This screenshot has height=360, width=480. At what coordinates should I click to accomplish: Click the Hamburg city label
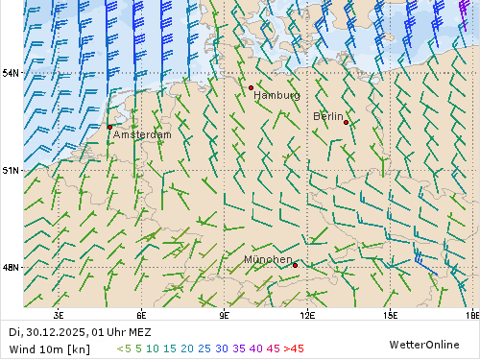tap(276, 96)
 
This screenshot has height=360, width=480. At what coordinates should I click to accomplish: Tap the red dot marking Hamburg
tap(251, 87)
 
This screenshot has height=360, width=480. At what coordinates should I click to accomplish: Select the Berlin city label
tap(328, 116)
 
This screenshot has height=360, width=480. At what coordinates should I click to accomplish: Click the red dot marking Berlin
tap(346, 123)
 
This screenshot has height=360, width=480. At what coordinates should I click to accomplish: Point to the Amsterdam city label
tap(142, 135)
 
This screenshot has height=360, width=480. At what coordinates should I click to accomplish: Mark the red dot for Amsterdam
tap(109, 127)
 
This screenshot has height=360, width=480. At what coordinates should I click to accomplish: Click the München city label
tap(268, 260)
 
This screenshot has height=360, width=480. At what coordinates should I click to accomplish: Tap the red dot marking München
tap(295, 265)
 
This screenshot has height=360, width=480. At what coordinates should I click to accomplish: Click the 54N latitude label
tap(10, 73)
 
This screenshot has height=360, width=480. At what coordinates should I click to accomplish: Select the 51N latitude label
tap(10, 170)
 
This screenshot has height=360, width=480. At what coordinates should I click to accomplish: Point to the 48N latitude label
tap(10, 268)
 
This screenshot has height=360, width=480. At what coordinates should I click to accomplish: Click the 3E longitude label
tap(59, 314)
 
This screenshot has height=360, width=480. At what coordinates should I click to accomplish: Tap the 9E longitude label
tap(225, 314)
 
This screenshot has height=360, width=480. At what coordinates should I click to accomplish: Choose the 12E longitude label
tap(307, 314)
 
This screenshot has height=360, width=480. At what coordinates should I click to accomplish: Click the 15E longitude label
tap(391, 314)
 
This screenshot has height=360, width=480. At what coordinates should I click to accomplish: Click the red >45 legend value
tap(294, 348)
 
